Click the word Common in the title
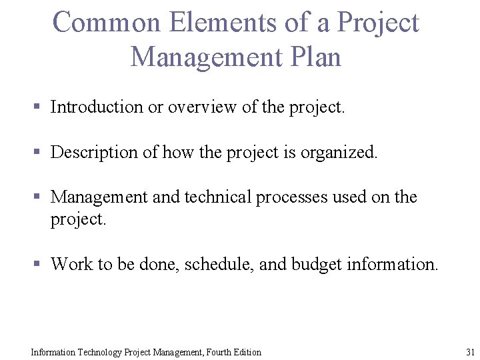pyautogui.click(x=107, y=23)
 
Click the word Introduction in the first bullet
pyautogui.click(x=97, y=107)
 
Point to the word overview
pyautogui.click(x=199, y=107)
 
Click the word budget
pyautogui.click(x=317, y=264)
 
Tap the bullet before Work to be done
pyautogui.click(x=38, y=265)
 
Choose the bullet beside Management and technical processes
pyautogui.click(x=38, y=197)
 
